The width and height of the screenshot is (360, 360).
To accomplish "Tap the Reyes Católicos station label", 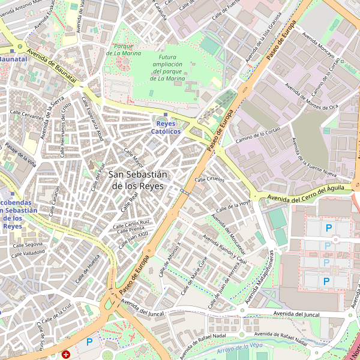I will [166, 127].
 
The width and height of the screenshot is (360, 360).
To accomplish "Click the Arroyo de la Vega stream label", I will [240, 347].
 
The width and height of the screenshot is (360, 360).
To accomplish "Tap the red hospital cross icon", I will [66, 355].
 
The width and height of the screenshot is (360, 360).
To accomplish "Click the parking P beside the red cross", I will [89, 342].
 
